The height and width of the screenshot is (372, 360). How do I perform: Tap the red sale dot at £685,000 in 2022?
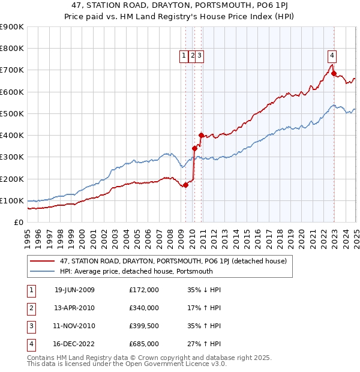[x=334, y=74]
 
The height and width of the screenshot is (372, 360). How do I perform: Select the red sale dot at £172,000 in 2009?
[x=186, y=185]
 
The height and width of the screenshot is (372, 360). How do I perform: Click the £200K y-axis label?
[x=13, y=179]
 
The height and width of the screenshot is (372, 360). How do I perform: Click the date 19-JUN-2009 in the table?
[x=74, y=290]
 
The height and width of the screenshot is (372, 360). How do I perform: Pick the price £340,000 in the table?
[x=143, y=308]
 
